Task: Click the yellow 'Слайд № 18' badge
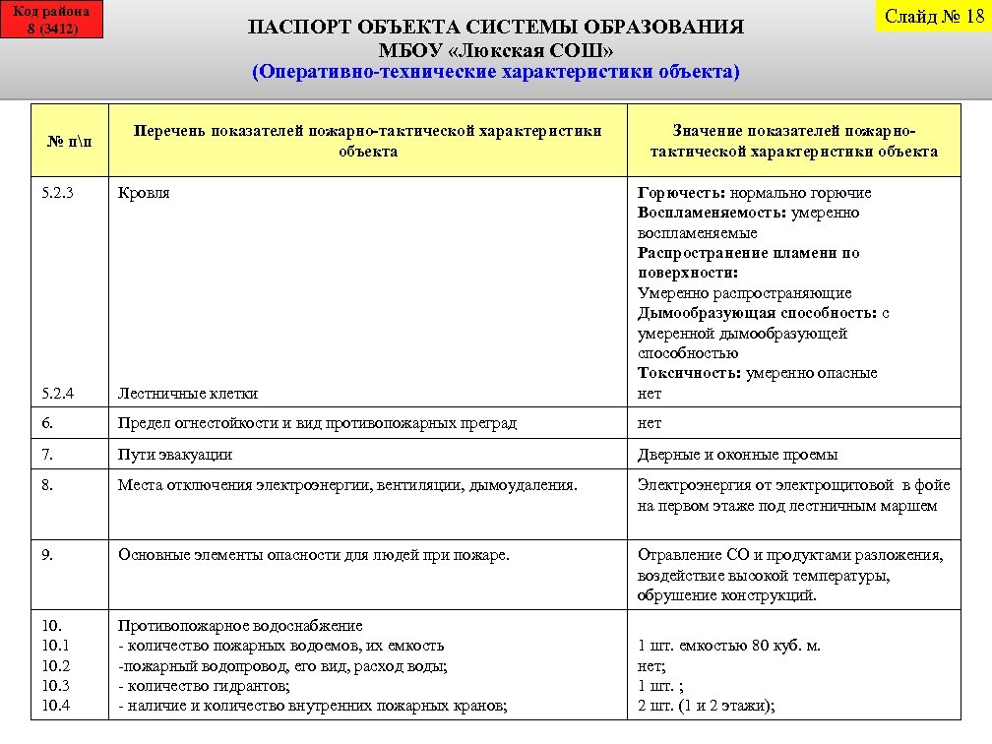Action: (934, 16)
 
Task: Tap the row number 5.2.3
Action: (58, 193)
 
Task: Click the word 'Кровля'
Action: (144, 193)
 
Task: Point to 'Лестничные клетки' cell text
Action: (188, 394)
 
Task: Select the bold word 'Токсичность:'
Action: (689, 373)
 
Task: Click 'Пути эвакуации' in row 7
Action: (175, 455)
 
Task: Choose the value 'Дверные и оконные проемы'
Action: (737, 455)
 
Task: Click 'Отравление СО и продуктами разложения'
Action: (789, 555)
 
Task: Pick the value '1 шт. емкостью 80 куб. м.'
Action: (728, 647)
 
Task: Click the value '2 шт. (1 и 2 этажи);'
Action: (706, 706)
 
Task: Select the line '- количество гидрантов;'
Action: (203, 686)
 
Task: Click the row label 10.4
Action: (56, 706)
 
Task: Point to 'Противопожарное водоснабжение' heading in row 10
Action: (240, 626)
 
